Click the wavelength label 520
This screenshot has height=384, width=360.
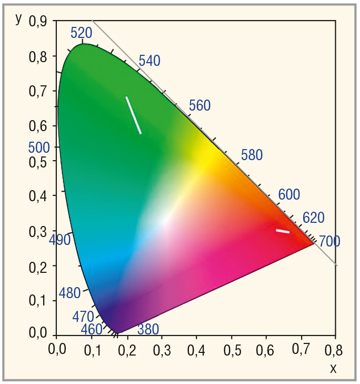click(x=81, y=33)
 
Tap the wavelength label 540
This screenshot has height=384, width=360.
click(x=149, y=61)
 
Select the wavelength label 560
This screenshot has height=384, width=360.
click(x=199, y=106)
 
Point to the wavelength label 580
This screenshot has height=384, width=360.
click(x=252, y=155)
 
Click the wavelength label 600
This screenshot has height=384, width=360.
click(x=289, y=195)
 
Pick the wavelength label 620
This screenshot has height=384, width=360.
click(x=314, y=218)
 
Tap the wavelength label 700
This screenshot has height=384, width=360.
click(x=329, y=242)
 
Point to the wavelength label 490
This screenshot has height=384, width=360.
click(x=59, y=240)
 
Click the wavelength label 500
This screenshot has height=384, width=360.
click(x=38, y=147)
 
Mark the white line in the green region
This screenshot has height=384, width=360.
click(x=133, y=115)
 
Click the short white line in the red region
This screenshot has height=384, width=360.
click(x=283, y=231)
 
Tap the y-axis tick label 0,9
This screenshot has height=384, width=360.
click(x=38, y=21)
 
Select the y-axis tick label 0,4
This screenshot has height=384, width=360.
click(x=38, y=196)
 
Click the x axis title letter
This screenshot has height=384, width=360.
click(x=333, y=369)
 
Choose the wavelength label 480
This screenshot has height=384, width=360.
click(x=69, y=293)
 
